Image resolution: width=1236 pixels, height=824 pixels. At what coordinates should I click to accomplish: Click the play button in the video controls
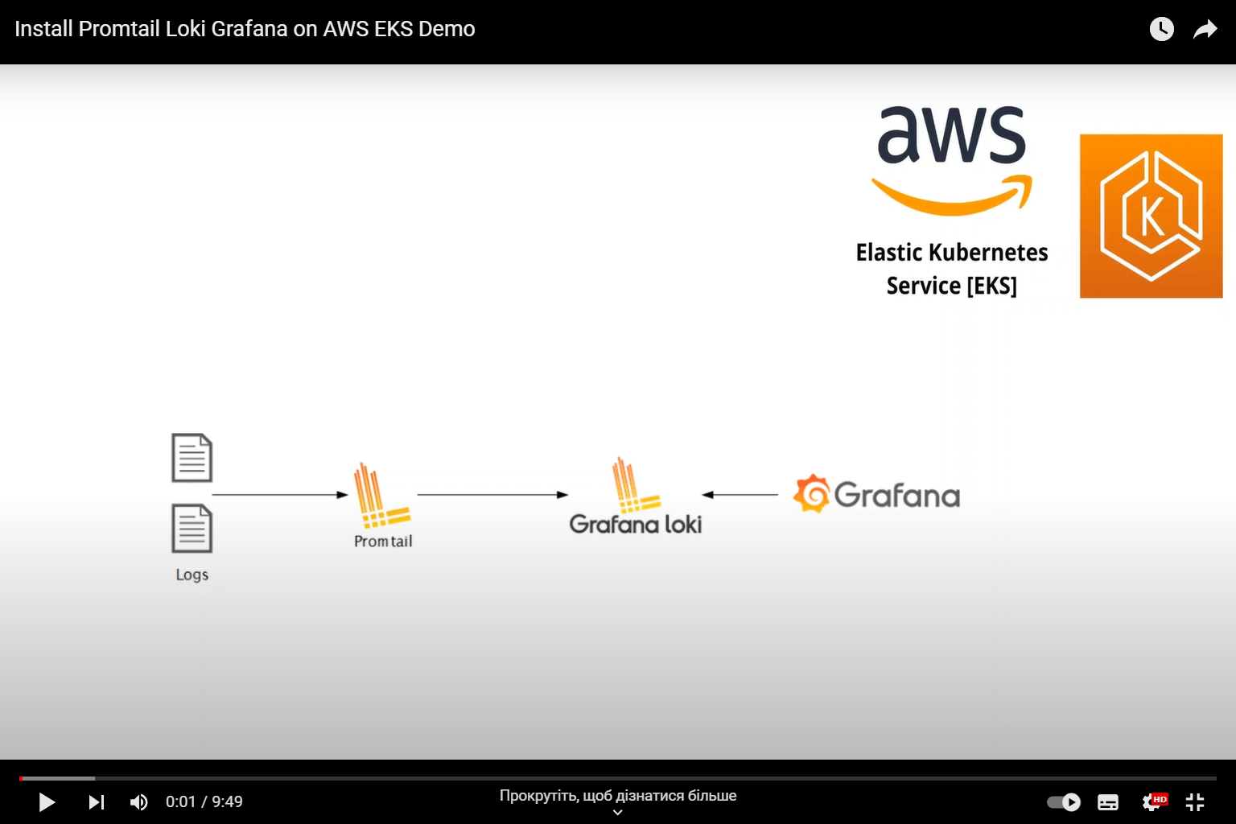tap(47, 802)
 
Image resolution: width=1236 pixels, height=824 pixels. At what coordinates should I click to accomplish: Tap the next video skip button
tap(97, 802)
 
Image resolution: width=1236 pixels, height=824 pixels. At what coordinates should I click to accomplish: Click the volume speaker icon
tap(138, 802)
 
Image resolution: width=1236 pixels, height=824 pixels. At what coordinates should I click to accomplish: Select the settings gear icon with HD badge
tap(1153, 801)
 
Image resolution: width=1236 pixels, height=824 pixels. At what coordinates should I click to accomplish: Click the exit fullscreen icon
tap(1195, 801)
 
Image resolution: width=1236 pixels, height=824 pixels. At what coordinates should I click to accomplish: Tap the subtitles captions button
tap(1108, 802)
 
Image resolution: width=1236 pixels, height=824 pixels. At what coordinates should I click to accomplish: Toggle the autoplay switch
tap(1064, 802)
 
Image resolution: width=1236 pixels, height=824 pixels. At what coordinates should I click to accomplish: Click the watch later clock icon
tap(1161, 29)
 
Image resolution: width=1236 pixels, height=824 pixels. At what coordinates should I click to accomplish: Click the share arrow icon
tap(1205, 30)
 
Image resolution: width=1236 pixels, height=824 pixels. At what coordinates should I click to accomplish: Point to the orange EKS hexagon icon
tap(1151, 216)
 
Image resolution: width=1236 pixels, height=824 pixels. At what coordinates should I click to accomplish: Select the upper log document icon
tap(192, 458)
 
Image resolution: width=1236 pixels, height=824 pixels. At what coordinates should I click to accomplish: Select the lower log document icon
tap(192, 528)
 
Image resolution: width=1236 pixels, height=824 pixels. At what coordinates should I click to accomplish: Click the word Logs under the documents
tap(192, 575)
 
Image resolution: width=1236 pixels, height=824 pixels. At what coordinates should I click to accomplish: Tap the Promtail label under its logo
tap(383, 542)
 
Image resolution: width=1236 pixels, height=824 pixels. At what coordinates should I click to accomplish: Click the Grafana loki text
tap(635, 525)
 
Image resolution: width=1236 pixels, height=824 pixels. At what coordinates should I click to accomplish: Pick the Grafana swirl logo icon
tap(811, 493)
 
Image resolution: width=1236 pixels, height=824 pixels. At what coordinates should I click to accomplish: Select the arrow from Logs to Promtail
tap(279, 495)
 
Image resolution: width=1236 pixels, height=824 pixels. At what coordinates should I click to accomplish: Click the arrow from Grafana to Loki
tap(740, 495)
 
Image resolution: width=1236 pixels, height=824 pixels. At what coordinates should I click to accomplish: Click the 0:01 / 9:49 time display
tap(204, 802)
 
